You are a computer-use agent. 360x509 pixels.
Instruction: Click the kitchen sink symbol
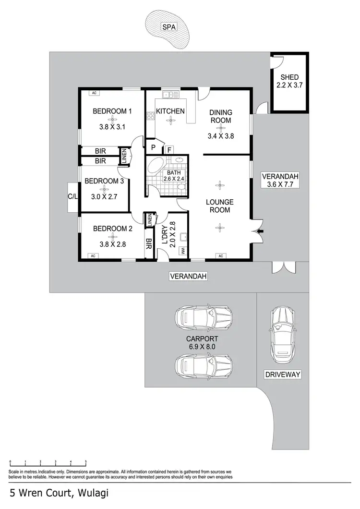tap(170, 95)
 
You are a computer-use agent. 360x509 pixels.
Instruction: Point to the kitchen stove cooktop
tap(150, 115)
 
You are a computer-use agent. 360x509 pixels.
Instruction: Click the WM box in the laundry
tap(183, 251)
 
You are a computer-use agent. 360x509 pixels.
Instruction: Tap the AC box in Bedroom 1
tap(94, 93)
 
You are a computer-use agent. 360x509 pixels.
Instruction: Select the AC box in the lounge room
tap(221, 256)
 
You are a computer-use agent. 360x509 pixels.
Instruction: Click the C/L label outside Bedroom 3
tap(73, 196)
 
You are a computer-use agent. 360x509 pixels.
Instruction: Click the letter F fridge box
tap(170, 150)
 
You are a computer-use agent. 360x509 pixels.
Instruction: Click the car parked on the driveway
tap(282, 335)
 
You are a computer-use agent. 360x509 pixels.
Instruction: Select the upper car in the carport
tap(203, 318)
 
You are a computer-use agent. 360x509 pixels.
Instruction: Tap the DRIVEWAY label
tap(282, 374)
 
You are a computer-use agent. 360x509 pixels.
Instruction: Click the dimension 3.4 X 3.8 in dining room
tap(220, 136)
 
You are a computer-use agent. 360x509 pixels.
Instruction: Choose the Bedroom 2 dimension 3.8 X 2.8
tap(112, 244)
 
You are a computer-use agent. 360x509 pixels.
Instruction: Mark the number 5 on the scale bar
tap(86, 462)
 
